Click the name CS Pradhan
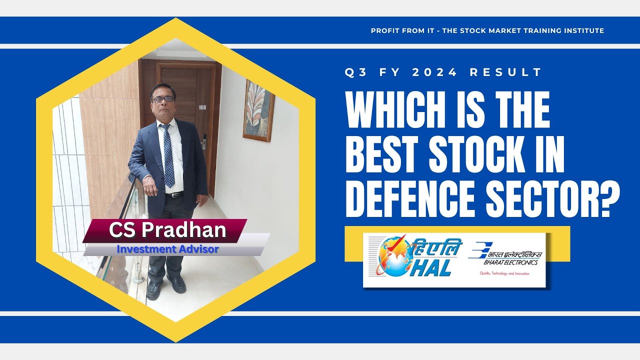(167, 230)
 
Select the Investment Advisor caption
(167, 248)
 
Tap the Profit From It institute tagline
(487, 30)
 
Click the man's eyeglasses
(162, 99)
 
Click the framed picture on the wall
(258, 110)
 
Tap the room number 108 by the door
(202, 107)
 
